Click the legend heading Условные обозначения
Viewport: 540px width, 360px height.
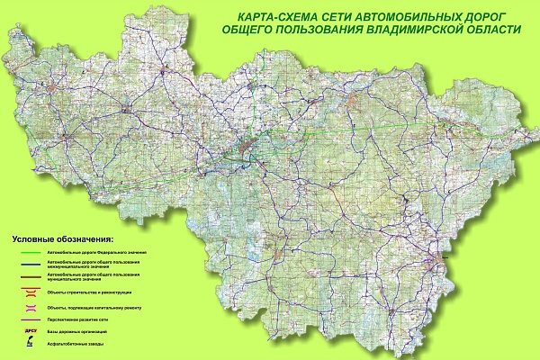point(62,240)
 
